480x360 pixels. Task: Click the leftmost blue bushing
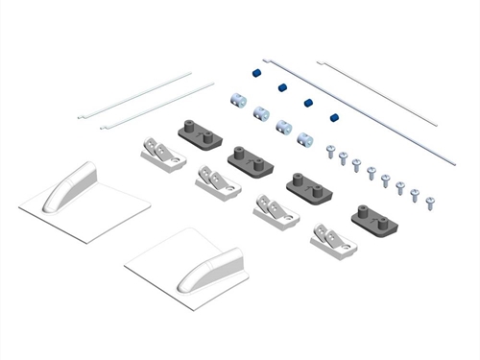pyautogui.click(x=257, y=73)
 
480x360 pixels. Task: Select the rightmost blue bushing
pyautogui.click(x=334, y=117)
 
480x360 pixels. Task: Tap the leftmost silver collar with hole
pyautogui.click(x=237, y=98)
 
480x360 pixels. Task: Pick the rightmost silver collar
pyautogui.click(x=306, y=139)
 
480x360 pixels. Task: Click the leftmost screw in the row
pyautogui.click(x=329, y=151)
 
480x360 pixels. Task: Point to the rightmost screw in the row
pyautogui.click(x=431, y=203)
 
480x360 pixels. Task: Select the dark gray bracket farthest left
pyautogui.click(x=197, y=132)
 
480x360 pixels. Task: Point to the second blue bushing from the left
pyautogui.click(x=283, y=87)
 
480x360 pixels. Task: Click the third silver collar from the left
pyautogui.click(x=284, y=126)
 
